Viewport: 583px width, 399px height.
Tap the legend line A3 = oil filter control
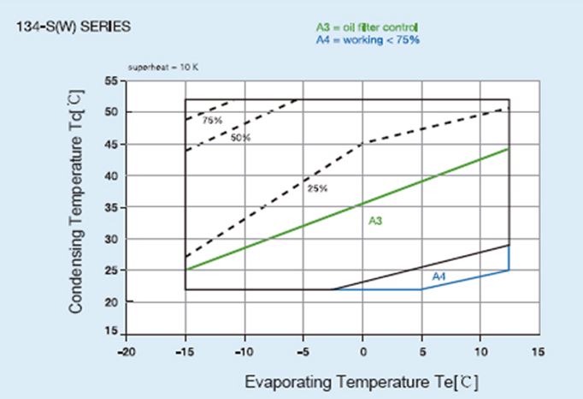[367, 28]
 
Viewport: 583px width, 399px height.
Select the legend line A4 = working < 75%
[368, 39]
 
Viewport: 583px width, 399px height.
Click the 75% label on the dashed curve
[212, 121]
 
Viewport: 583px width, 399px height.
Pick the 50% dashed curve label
[240, 137]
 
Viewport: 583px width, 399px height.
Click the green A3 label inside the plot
[375, 222]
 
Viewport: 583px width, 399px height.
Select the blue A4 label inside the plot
[439, 277]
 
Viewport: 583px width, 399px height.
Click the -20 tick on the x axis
[126, 351]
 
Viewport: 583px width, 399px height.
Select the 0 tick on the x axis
[362, 351]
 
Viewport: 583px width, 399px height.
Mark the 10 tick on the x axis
[480, 351]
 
